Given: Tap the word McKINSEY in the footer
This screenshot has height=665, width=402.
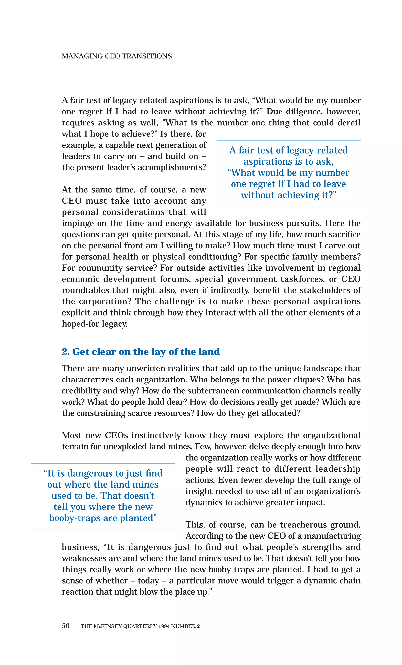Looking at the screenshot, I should coord(107,626).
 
